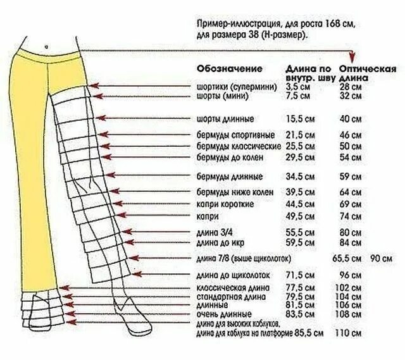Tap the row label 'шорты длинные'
point(225,118)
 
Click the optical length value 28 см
point(350,87)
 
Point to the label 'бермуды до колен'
point(230,156)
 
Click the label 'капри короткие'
point(226,204)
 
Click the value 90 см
point(382,258)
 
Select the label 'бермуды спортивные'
point(235,135)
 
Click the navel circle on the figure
point(47,46)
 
